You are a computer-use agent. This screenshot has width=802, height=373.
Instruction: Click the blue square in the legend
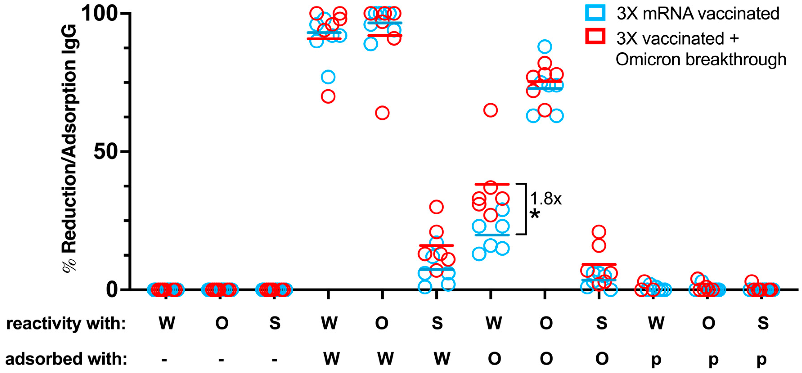click(595, 13)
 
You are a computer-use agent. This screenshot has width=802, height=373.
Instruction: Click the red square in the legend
click(595, 36)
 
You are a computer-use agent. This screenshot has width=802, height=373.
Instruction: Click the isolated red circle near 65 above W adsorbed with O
click(490, 110)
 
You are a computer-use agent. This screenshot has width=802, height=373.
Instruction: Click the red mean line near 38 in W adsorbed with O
click(492, 184)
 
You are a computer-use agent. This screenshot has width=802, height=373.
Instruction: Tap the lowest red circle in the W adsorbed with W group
click(328, 96)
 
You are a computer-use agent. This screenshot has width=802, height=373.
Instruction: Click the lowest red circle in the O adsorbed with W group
click(382, 113)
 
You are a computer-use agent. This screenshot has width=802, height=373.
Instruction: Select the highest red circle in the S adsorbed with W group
click(436, 207)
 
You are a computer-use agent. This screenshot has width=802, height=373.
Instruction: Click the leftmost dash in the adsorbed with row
click(164, 360)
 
